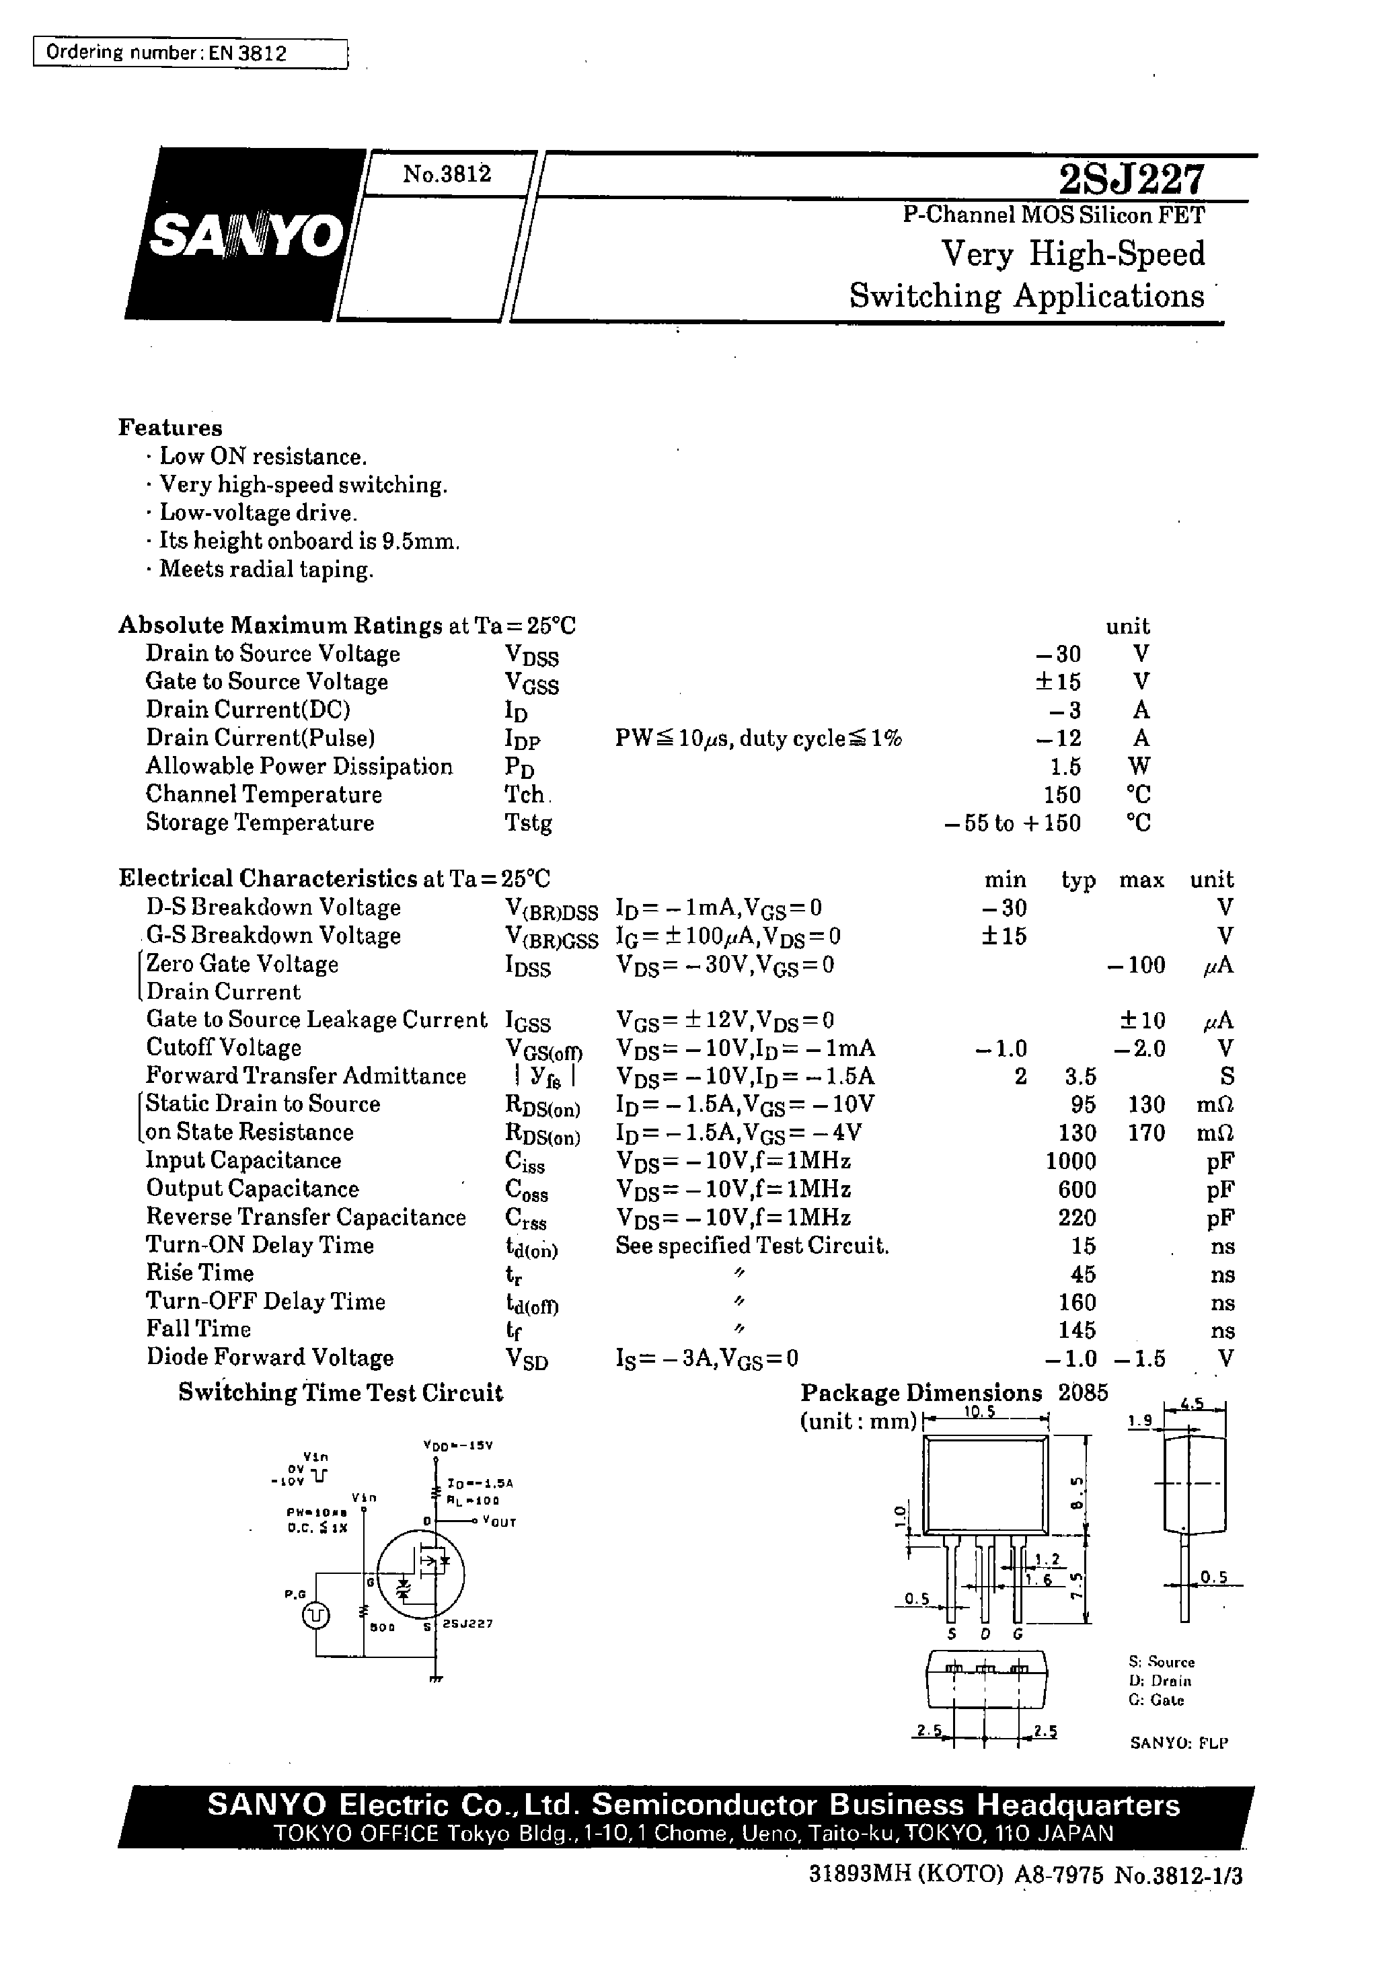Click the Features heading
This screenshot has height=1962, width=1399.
pyautogui.click(x=169, y=428)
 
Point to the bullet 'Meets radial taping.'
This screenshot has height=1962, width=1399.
pyautogui.click(x=266, y=569)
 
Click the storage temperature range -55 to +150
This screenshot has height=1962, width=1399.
pyautogui.click(x=1012, y=823)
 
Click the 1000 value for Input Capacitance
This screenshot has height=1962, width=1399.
pyautogui.click(x=1071, y=1161)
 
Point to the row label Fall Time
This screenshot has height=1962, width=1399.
pyautogui.click(x=198, y=1329)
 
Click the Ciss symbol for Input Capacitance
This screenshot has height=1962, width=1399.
pyautogui.click(x=525, y=1163)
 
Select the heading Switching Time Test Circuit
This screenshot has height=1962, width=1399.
pyautogui.click(x=340, y=1393)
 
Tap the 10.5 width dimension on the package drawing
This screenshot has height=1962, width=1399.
pyautogui.click(x=979, y=1412)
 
